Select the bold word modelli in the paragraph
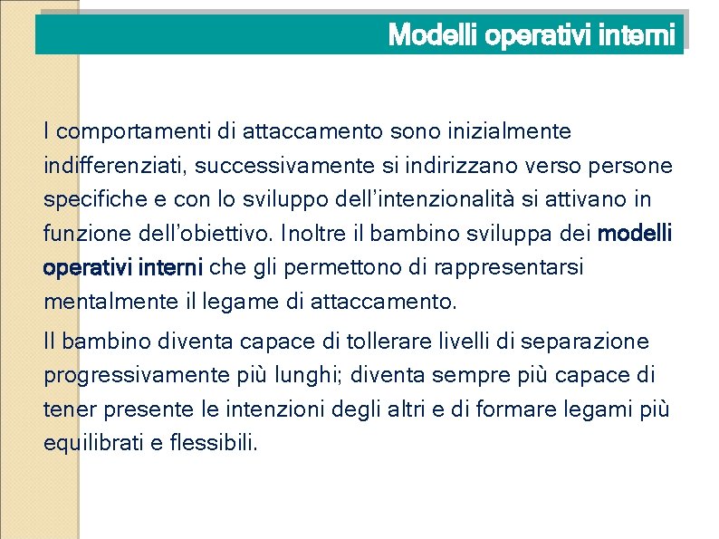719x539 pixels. point(636,235)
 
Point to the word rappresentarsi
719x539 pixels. point(508,268)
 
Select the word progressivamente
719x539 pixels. point(129,376)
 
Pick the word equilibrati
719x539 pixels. point(91,444)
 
